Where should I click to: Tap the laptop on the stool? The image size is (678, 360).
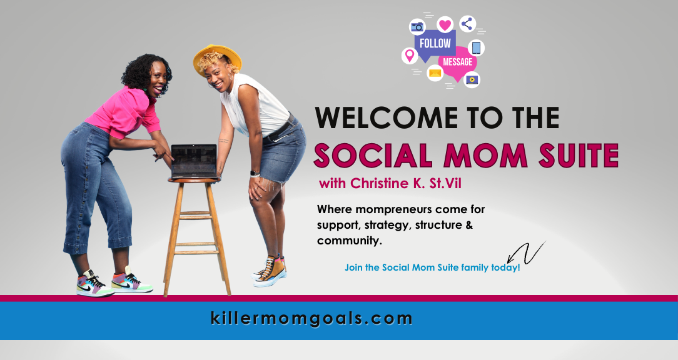tap(194, 162)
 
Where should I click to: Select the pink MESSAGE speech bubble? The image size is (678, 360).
tap(457, 63)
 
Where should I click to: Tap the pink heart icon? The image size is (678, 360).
tap(445, 24)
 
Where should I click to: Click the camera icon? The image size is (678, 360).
tap(417, 27)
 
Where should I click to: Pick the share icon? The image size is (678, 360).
tap(467, 24)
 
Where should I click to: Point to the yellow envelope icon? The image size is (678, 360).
tap(435, 73)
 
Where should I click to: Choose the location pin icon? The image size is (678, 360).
tap(410, 56)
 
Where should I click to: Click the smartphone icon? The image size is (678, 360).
tap(476, 47)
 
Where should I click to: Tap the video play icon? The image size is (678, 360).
tap(472, 79)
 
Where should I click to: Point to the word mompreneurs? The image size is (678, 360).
tap(393, 210)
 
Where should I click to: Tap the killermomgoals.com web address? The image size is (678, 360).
tap(311, 319)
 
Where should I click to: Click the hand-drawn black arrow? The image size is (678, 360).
tap(525, 254)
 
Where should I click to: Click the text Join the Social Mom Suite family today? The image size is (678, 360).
tap(432, 267)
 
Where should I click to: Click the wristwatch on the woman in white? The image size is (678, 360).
tap(255, 174)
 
